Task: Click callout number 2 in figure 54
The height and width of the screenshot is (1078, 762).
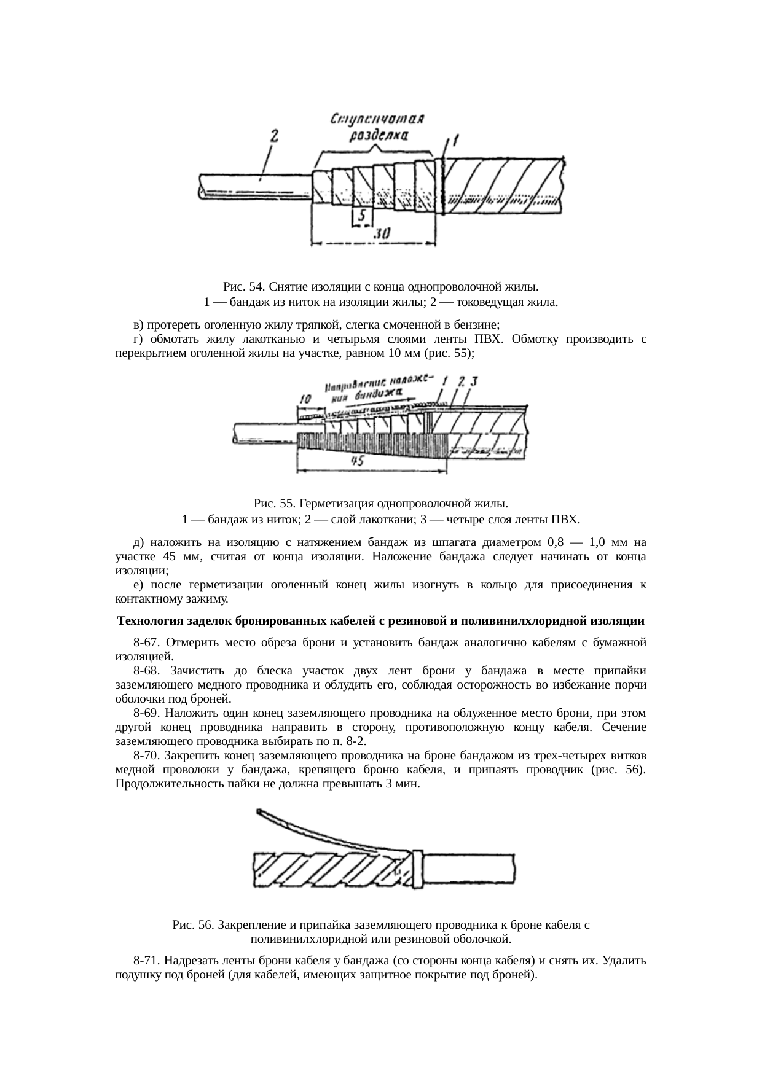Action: [x=275, y=136]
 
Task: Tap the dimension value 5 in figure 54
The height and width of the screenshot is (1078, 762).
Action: [x=363, y=216]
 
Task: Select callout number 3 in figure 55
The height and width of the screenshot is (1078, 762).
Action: [x=474, y=380]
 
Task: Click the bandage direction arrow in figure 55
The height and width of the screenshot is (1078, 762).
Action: [x=375, y=404]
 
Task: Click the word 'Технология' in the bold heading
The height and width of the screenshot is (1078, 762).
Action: [x=145, y=621]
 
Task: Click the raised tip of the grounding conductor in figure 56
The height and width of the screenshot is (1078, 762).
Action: [x=261, y=813]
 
